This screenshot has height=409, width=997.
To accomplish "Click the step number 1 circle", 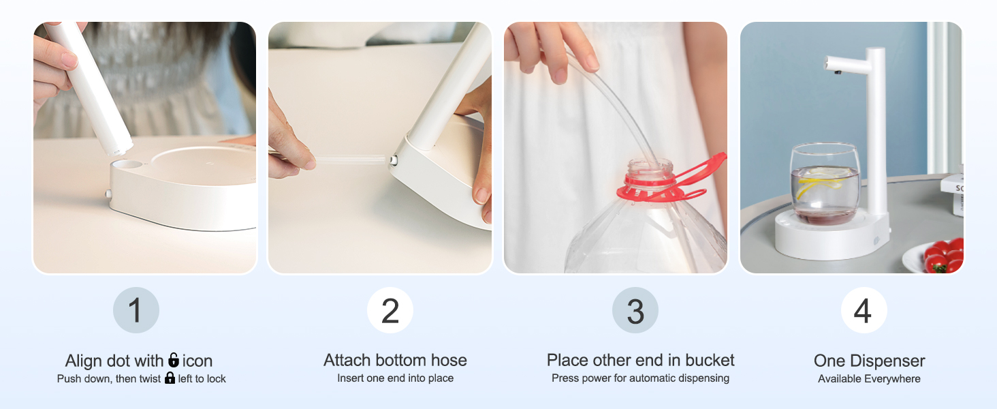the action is pyautogui.click(x=136, y=310).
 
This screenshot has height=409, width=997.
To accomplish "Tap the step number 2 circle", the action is pyautogui.click(x=390, y=310).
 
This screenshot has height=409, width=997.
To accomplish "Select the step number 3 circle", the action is pyautogui.click(x=635, y=310).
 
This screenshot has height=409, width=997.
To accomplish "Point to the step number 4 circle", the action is pyautogui.click(x=864, y=310).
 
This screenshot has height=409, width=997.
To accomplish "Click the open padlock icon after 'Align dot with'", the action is pyautogui.click(x=174, y=360).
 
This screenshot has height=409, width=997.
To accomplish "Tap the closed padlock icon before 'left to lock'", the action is pyautogui.click(x=170, y=378).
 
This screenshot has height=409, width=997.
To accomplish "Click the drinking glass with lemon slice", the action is pyautogui.click(x=825, y=183).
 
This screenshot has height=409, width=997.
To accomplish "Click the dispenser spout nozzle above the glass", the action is pyautogui.click(x=838, y=72).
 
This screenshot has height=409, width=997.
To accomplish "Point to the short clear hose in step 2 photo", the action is pyautogui.click(x=349, y=159).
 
